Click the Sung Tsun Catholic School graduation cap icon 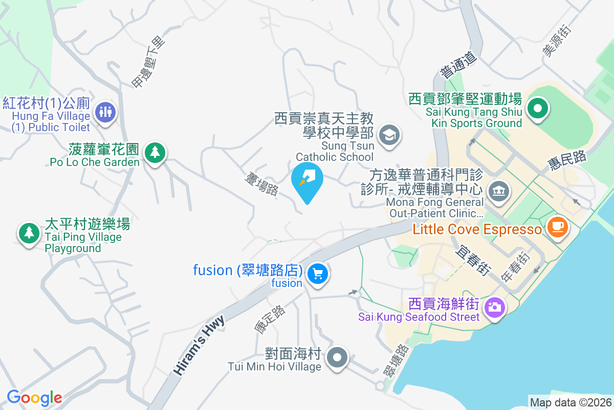tap(389, 135)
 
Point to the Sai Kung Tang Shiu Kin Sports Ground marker tap(538, 109)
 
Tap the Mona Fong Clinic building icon tap(499, 191)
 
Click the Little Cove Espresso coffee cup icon tap(557, 226)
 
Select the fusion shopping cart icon tap(318, 274)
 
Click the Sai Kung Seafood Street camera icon tap(494, 307)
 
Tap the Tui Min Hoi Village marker tap(337, 357)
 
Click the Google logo tap(34, 398)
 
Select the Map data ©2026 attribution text tap(571, 402)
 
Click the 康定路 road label tap(270, 319)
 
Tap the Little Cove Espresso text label tap(477, 229)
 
